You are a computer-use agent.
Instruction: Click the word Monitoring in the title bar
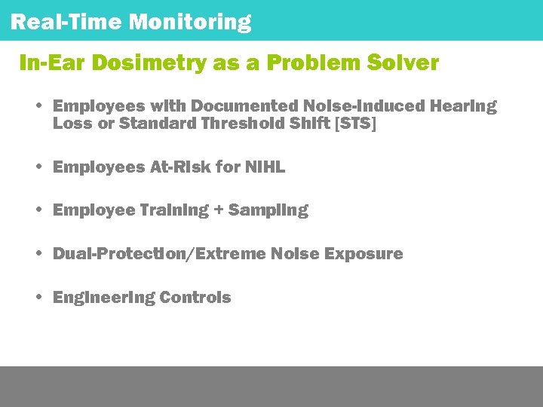pos(189,22)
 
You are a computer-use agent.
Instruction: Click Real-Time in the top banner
pos(66,22)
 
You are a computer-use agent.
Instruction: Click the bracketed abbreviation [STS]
pos(355,124)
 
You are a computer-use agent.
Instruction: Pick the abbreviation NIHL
pos(265,167)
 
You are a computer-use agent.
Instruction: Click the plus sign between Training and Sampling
pos(219,210)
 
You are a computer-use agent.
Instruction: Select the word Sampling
pos(268,210)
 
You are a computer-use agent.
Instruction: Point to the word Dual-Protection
pos(123,254)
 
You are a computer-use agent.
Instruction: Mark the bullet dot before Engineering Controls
pos(38,297)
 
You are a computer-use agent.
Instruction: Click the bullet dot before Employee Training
pos(38,210)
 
